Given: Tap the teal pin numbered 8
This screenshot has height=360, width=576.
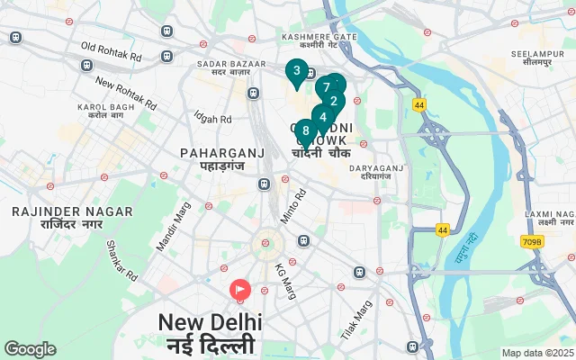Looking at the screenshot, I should tap(306, 131).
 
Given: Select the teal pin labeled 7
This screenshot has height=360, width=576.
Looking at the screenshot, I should tap(326, 88).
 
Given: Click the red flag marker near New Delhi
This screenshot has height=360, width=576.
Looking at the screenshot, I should tap(240, 289).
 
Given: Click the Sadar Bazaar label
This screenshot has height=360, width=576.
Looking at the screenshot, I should tap(232, 68).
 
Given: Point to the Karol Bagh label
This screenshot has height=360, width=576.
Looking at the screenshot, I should tap(105, 112).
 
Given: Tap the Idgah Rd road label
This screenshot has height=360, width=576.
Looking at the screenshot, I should tap(212, 119).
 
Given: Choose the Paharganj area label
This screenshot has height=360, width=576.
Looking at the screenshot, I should tap(220, 159).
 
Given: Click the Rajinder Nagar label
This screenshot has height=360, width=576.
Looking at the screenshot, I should tap(71, 216).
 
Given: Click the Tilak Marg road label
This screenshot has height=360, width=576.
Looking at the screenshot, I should tap(356, 323).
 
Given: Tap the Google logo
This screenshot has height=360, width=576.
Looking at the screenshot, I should tap(30, 349).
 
